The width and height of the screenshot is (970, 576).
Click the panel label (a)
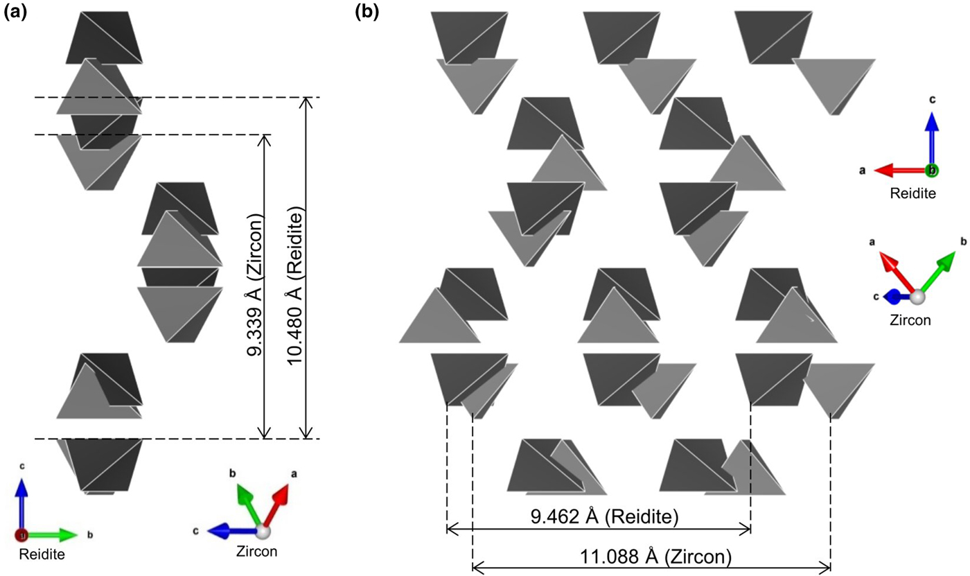pos(15,12)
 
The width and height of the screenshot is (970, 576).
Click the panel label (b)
pos(367,12)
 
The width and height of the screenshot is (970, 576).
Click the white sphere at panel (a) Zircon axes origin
pos(263,532)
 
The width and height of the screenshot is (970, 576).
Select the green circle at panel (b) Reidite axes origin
pos(933,170)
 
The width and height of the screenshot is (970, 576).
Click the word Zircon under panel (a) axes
pos(257,552)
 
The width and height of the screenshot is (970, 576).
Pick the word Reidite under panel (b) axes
pos(913,193)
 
